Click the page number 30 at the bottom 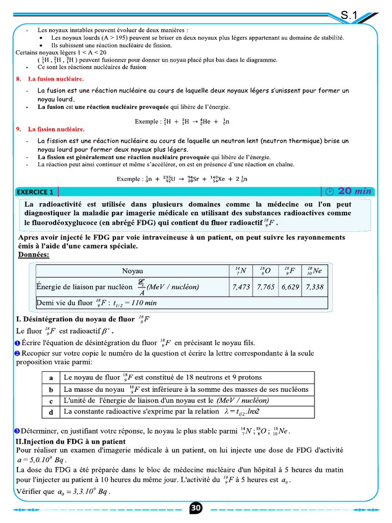pos(196,508)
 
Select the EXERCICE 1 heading pos(35,192)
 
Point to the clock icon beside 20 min pos(329,192)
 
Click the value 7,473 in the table pos(241,287)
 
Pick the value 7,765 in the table pos(265,287)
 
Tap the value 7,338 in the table pos(314,287)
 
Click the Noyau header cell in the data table pos(133,271)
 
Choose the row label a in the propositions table pos(51,378)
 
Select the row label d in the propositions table pos(51,412)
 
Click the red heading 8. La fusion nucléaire pos(56,79)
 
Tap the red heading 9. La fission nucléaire pos(56,129)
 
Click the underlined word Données pos(34,254)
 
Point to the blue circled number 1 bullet pos(17,343)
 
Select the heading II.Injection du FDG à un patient pos(71,441)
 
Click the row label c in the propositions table pos(51,401)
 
